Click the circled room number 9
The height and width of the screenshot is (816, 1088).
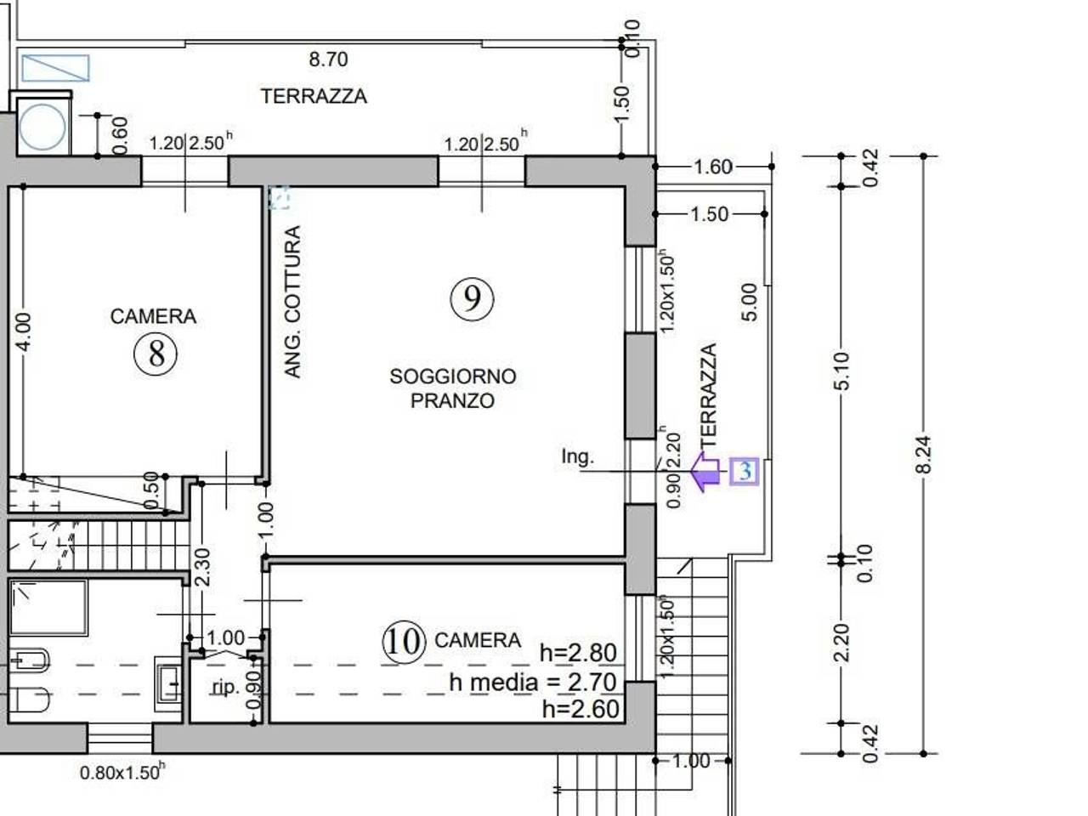[x=472, y=298]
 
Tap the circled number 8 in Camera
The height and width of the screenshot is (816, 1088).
[x=156, y=354]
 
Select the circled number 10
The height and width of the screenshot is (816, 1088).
[x=405, y=642]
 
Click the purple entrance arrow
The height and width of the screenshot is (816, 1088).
[x=705, y=472]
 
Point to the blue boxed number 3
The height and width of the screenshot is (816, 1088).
[x=744, y=471]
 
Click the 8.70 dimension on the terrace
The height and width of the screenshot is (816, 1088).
[x=328, y=59]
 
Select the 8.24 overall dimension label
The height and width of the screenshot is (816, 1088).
[x=923, y=454]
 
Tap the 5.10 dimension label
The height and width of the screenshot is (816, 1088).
[x=842, y=371]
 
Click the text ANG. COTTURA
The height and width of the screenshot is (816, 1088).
[x=293, y=302]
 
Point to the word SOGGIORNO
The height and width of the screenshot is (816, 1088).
[x=453, y=377]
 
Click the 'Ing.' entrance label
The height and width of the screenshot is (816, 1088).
[x=577, y=456]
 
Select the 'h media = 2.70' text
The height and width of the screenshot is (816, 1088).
[x=533, y=683]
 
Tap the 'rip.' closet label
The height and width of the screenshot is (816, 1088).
[x=226, y=687]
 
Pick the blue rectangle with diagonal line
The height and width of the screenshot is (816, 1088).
[x=55, y=68]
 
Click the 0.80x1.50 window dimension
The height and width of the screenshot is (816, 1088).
[x=122, y=772]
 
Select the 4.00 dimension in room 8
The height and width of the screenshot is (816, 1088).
[x=24, y=332]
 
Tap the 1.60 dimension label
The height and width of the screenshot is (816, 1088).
[x=713, y=167]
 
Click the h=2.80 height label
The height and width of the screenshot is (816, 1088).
[x=579, y=653]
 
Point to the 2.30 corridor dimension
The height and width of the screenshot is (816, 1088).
[x=202, y=567]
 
